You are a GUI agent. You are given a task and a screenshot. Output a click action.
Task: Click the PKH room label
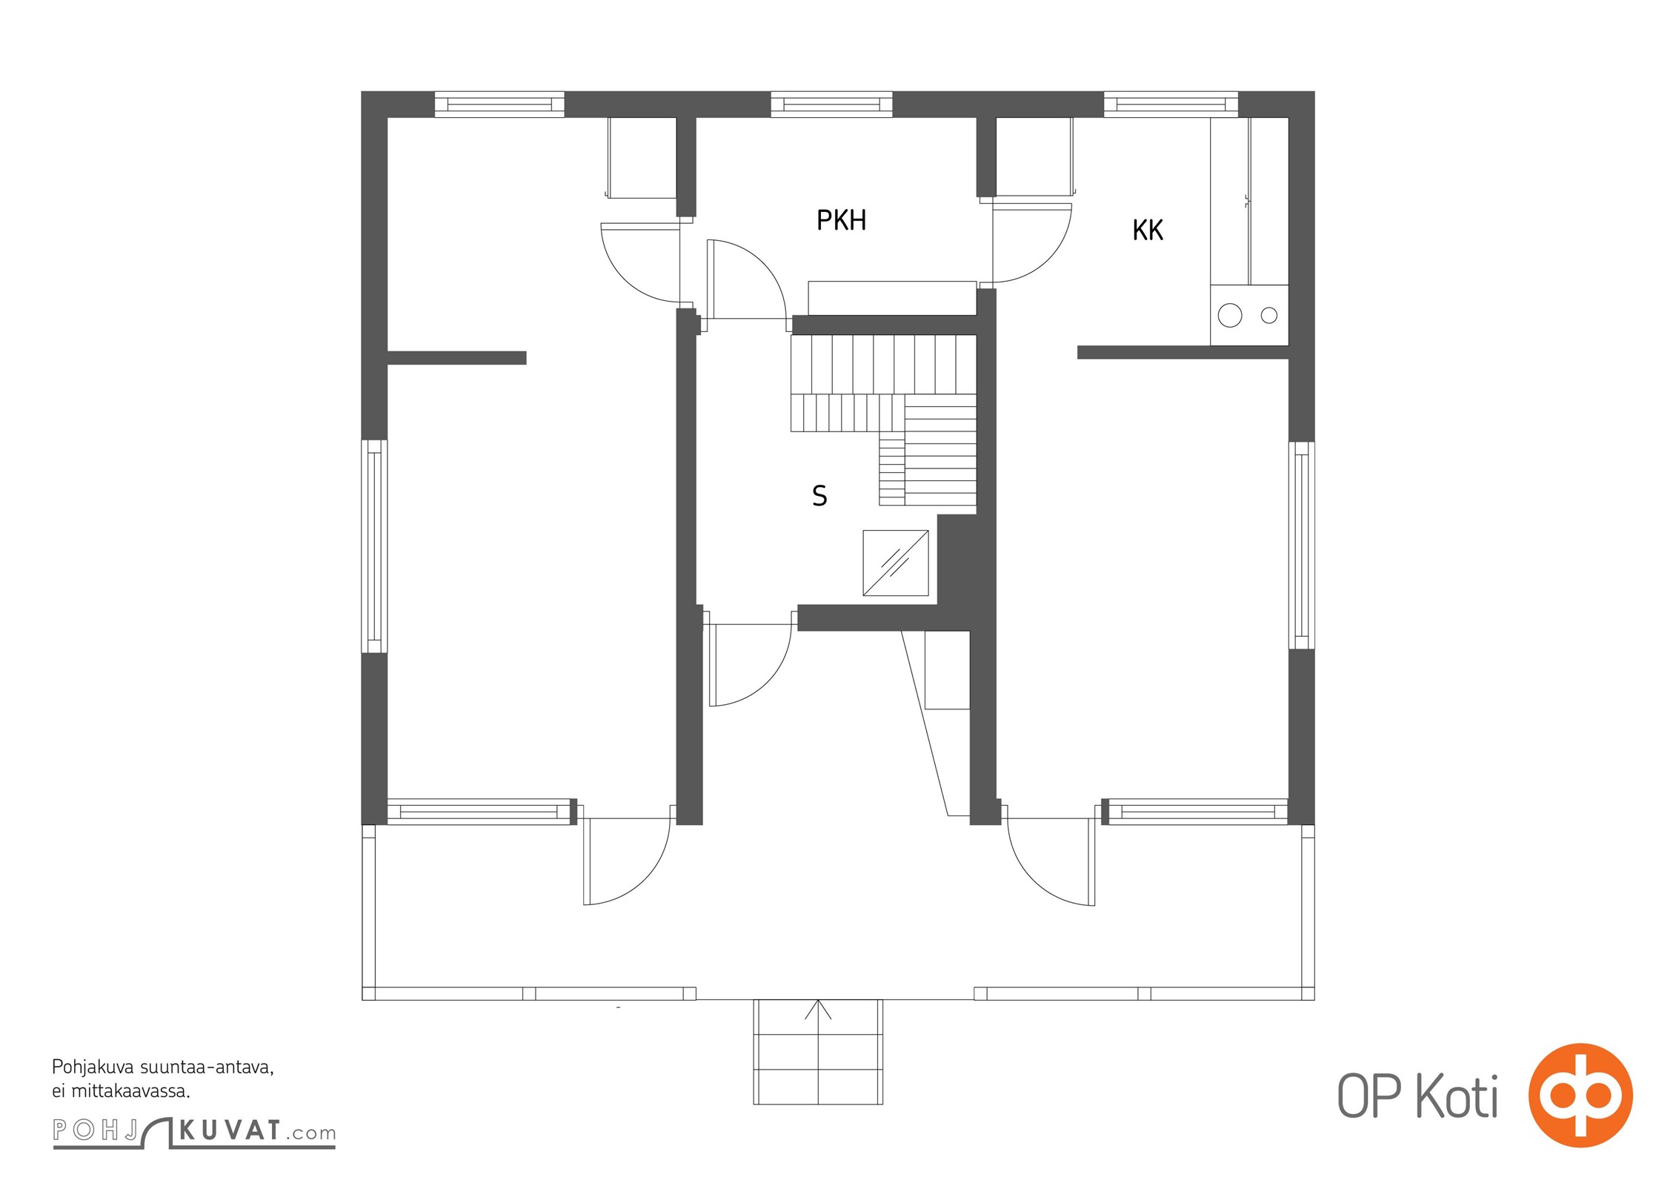[841, 220]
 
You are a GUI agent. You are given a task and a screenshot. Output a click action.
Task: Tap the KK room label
[1148, 231]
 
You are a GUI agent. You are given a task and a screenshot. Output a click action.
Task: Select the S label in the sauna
[819, 496]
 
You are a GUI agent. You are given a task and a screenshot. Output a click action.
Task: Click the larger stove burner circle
[1230, 315]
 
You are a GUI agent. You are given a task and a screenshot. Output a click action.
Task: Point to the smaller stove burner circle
[1269, 315]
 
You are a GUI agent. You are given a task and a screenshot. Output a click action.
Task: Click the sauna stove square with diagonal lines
[896, 563]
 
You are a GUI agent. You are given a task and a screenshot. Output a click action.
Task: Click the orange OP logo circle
[1580, 1095]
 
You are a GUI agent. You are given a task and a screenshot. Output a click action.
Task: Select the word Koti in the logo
[1456, 1097]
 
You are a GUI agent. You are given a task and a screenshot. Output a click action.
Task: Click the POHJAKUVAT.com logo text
[194, 1131]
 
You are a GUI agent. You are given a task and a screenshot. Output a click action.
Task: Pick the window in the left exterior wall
[374, 546]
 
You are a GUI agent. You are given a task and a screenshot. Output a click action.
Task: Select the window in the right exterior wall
[1302, 546]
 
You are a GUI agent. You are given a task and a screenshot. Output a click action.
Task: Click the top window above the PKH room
[831, 105]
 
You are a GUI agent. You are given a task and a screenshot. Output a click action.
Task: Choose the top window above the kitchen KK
[1171, 105]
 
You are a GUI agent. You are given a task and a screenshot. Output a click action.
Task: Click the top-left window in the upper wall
[499, 105]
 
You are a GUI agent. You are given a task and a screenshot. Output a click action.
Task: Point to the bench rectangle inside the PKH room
[892, 298]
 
